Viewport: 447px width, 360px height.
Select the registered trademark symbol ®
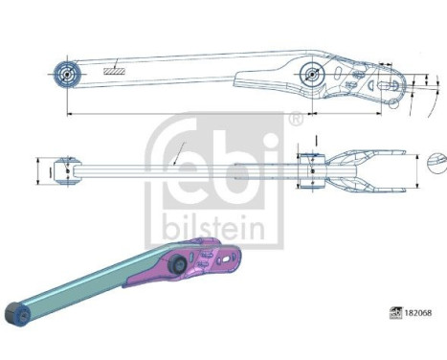296,121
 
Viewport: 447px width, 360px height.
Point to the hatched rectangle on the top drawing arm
116,69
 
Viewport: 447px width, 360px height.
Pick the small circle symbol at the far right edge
438,157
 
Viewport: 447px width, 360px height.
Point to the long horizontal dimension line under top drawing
182,114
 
